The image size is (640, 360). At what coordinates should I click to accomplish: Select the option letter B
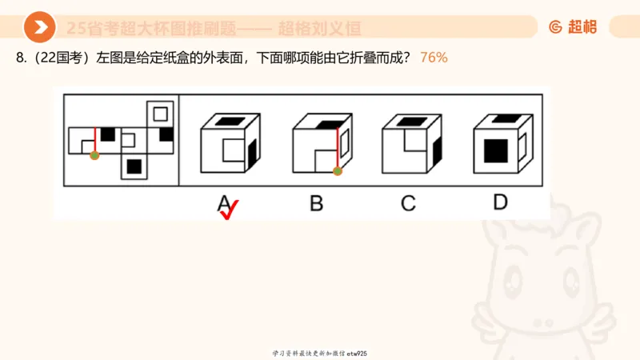316,203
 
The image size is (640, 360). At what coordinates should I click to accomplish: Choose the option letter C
408,203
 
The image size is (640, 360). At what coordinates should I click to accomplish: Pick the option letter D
500,202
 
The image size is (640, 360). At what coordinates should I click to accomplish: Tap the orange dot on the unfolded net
94,156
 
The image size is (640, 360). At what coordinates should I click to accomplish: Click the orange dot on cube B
337,170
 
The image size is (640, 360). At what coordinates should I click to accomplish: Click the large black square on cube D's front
495,150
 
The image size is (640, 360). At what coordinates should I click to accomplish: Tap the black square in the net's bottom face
134,166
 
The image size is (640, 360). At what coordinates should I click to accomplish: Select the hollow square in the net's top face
161,113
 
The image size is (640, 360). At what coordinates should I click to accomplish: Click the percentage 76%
434,58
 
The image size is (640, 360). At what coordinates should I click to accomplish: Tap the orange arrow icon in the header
39,28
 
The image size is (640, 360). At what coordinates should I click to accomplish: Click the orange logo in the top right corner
573,27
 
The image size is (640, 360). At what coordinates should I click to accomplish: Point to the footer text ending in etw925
320,353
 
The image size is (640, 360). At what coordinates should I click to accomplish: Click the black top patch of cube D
503,119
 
